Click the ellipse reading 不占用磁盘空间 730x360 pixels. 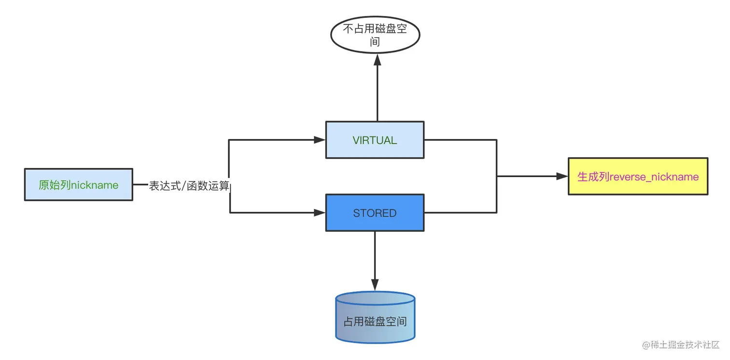point(375,35)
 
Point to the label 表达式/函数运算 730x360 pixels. point(189,186)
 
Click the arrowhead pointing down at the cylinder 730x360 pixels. point(375,285)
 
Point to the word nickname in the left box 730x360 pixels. point(95,185)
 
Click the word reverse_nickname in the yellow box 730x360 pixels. point(654,177)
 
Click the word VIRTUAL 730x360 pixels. point(375,140)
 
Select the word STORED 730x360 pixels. point(375,213)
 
